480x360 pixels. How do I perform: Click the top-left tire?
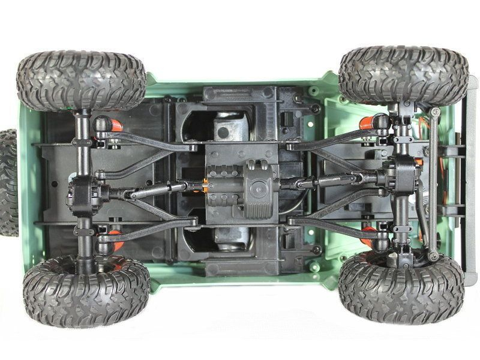point(81,80)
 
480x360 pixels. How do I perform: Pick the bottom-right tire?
point(401,287)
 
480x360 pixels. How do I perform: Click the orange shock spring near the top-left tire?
point(113,125)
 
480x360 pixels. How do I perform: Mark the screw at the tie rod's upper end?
point(435,112)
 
